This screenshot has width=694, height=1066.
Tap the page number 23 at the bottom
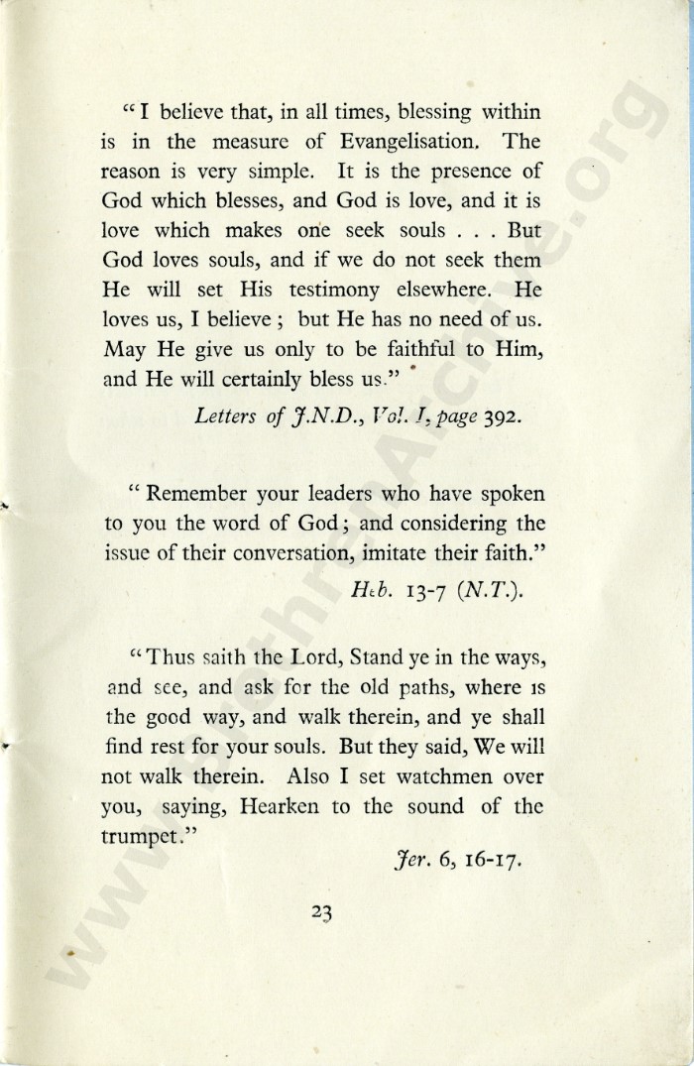[x=320, y=915]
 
